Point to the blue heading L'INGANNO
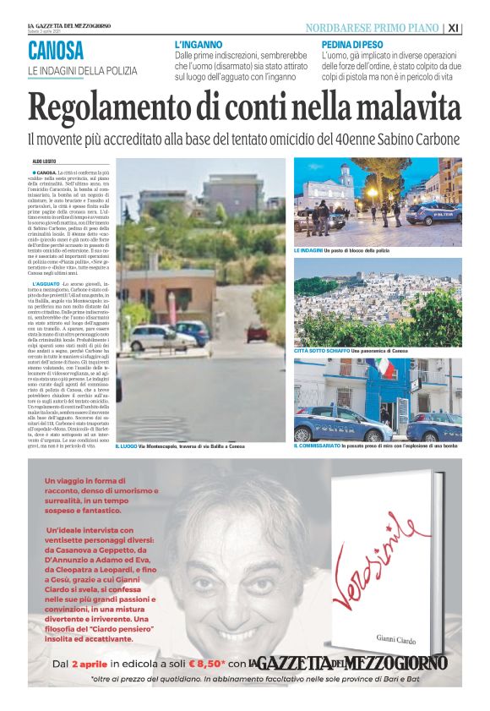click(x=199, y=43)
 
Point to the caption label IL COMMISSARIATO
click(x=317, y=446)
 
